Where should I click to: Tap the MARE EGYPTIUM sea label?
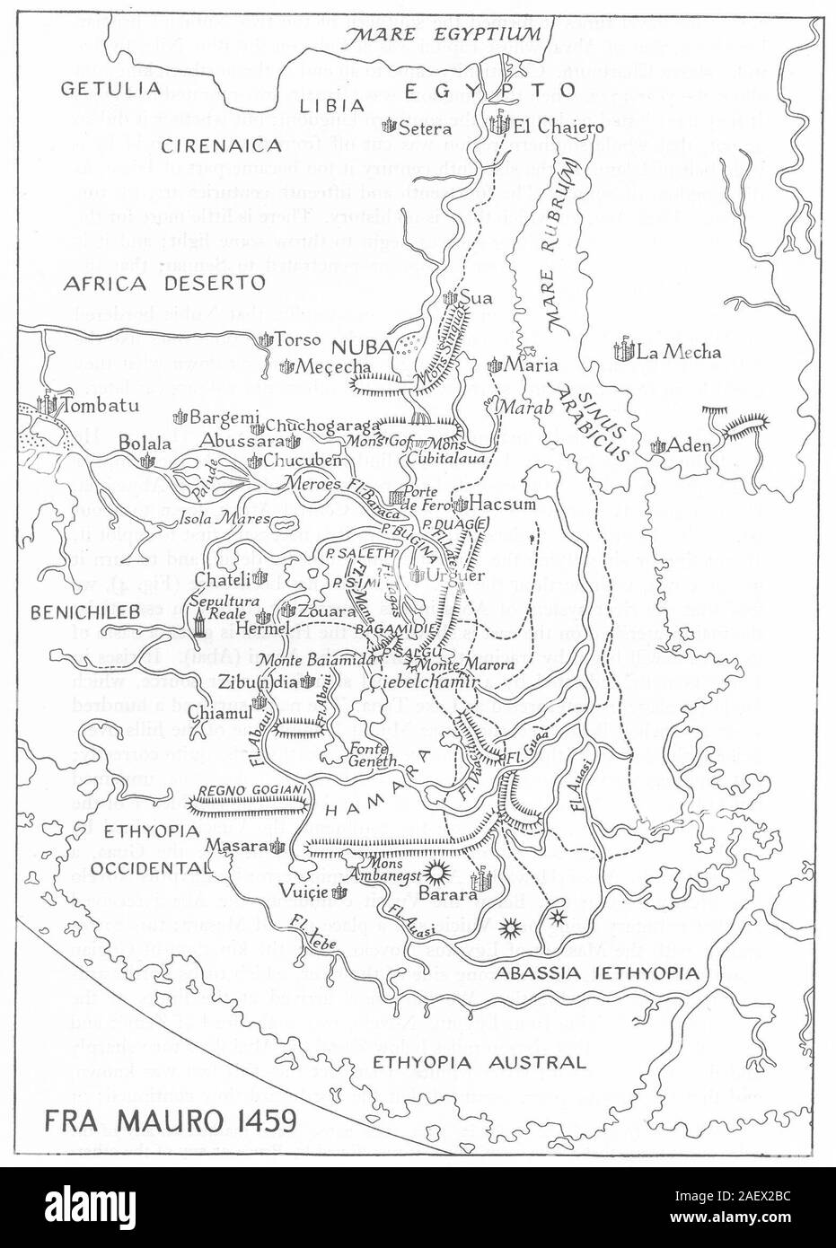[x=447, y=35]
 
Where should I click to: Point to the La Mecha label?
[x=678, y=352]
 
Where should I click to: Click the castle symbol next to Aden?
[x=660, y=444]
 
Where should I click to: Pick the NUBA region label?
[x=356, y=346]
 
